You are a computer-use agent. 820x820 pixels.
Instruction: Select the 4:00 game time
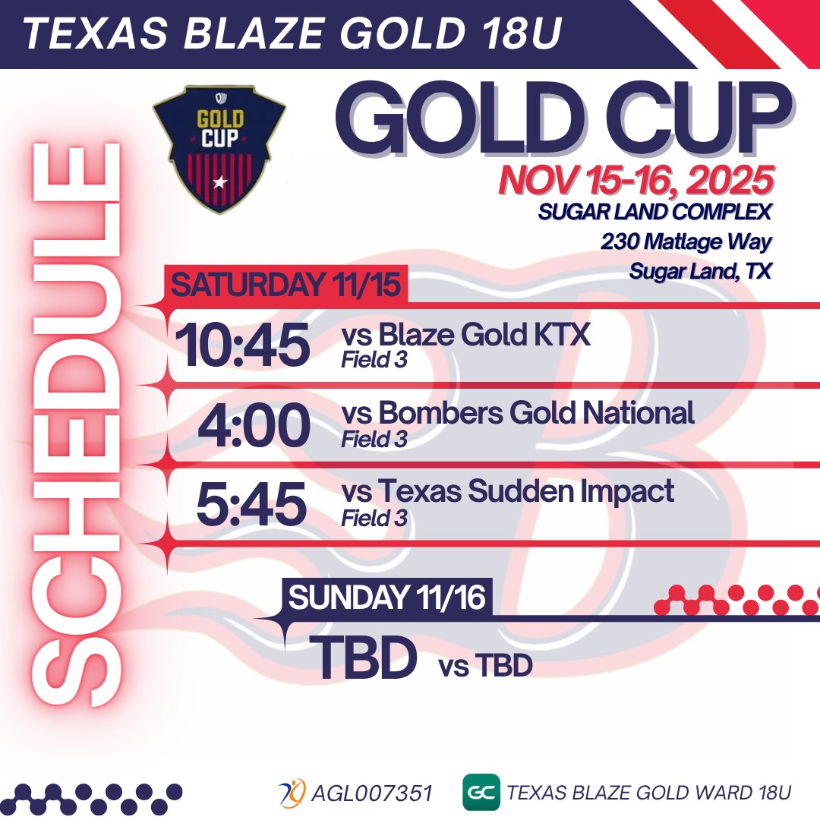[x=254, y=426]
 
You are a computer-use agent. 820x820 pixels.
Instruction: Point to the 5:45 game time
[x=251, y=503]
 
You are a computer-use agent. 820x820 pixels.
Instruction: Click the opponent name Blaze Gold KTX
[x=465, y=334]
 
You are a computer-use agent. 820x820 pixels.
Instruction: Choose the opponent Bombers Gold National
[x=518, y=413]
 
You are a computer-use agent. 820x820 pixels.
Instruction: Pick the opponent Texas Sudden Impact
[x=507, y=491]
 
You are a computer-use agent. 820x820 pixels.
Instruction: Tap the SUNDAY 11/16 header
[x=386, y=598]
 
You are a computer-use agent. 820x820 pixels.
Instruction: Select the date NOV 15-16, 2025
[x=636, y=181]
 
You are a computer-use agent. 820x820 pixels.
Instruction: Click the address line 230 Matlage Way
[x=686, y=242]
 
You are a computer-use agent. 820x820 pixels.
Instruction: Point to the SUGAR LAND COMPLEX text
[x=654, y=212]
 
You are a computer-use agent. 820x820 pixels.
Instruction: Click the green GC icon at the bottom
[x=481, y=792]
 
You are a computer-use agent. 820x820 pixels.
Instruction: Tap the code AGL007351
[x=371, y=793]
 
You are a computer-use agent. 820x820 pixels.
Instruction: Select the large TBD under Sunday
[x=364, y=658]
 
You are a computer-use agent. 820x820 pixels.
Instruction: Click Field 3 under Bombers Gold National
[x=374, y=440]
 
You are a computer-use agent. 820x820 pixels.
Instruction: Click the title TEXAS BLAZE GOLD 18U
[x=292, y=35]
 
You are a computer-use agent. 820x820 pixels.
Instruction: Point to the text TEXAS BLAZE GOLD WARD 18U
[x=649, y=793]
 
